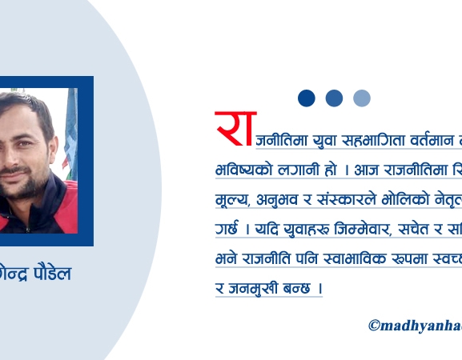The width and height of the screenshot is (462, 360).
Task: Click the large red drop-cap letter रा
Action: (233, 129)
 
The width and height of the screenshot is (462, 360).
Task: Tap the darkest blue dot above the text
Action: (306, 98)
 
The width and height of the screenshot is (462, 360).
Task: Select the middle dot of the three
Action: (334, 98)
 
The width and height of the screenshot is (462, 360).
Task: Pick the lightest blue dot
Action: (362, 98)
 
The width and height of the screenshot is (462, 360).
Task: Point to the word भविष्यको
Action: (245, 170)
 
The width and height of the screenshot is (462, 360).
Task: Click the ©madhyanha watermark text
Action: (414, 326)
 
